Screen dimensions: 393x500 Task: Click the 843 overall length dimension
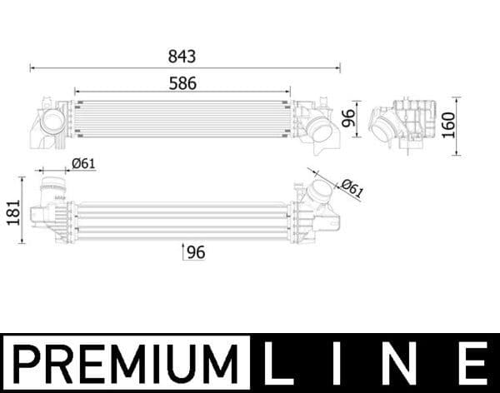coord(182,57)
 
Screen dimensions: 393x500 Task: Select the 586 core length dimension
coord(182,83)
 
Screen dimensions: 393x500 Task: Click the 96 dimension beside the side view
coord(350,116)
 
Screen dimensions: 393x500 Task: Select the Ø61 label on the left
coord(82,164)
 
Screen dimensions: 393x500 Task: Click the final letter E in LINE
coord(474,364)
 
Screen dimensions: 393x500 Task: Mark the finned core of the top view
coord(182,119)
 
